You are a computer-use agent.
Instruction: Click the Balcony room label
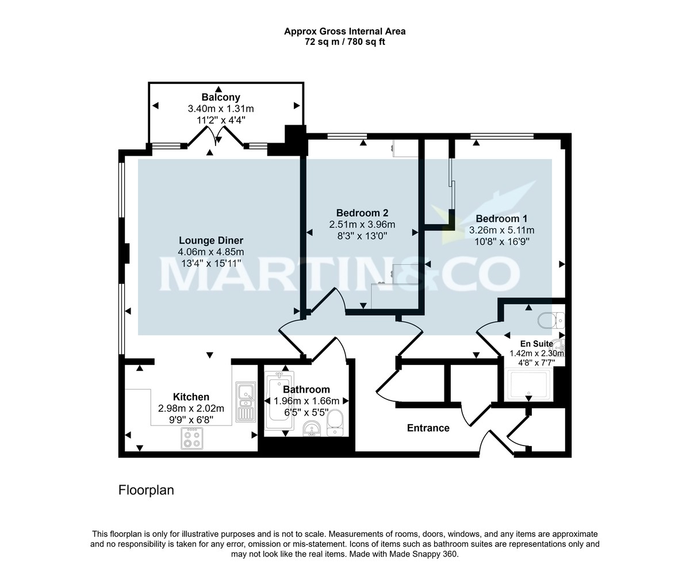(x=221, y=97)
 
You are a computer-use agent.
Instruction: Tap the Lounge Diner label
(x=210, y=240)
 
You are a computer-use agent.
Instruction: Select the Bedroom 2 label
(x=362, y=213)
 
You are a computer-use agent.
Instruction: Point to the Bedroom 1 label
(x=501, y=218)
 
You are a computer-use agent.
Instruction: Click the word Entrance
(x=428, y=428)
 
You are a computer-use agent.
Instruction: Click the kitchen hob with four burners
(x=193, y=439)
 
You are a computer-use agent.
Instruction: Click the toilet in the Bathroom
(x=335, y=424)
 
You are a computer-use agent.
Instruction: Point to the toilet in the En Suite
(x=551, y=320)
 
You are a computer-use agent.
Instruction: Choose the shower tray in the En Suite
(x=528, y=385)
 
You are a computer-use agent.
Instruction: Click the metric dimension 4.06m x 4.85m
(x=210, y=252)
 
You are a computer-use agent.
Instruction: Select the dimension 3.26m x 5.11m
(x=501, y=230)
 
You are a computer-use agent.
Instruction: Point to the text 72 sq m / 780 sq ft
(x=344, y=41)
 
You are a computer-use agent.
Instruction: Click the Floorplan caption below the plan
(x=146, y=490)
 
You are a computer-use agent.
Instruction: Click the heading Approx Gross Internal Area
(x=344, y=31)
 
